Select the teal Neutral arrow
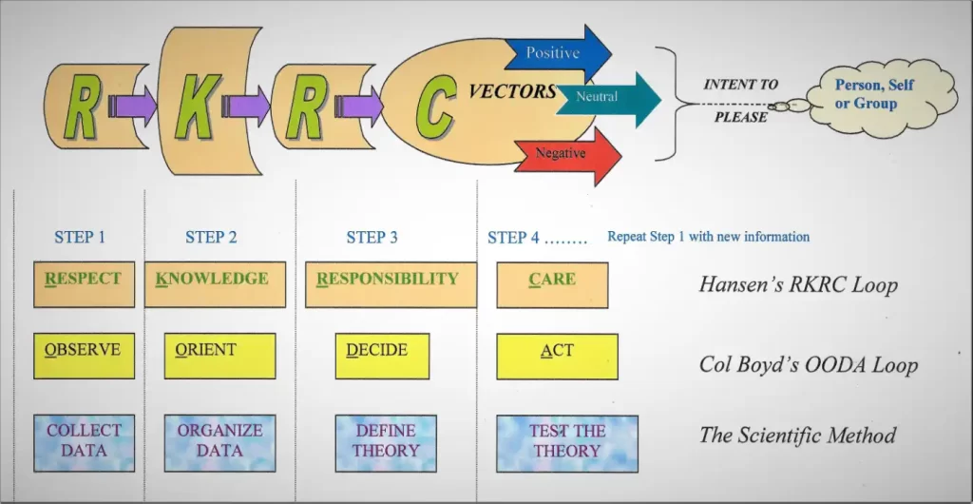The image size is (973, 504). [608, 98]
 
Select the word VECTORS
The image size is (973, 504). [512, 91]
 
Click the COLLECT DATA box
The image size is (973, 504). [84, 441]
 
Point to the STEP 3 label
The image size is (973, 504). [372, 237]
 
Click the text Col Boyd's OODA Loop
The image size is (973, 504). [808, 365]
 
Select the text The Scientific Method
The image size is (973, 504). [797, 436]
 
